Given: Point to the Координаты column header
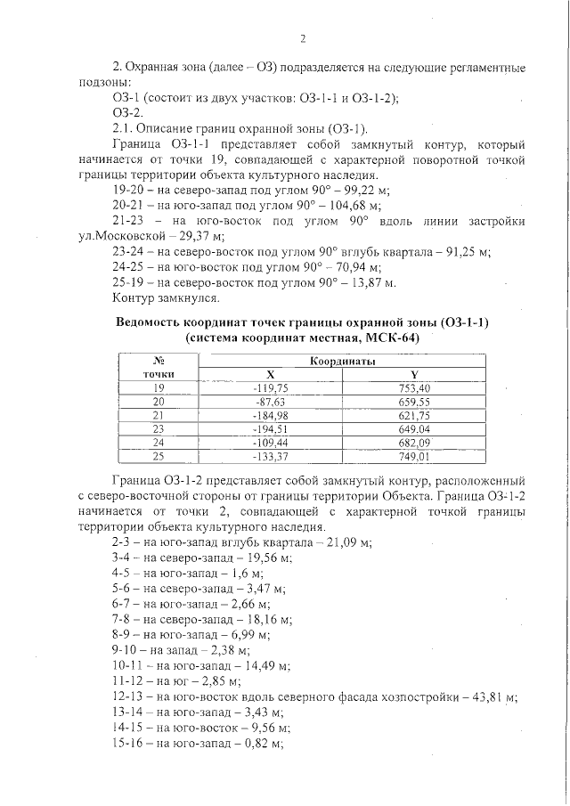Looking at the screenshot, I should [x=343, y=362].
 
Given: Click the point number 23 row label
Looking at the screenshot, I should [x=159, y=428].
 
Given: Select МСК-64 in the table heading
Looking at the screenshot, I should [x=392, y=338].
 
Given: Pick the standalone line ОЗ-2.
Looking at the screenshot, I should [x=127, y=113].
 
